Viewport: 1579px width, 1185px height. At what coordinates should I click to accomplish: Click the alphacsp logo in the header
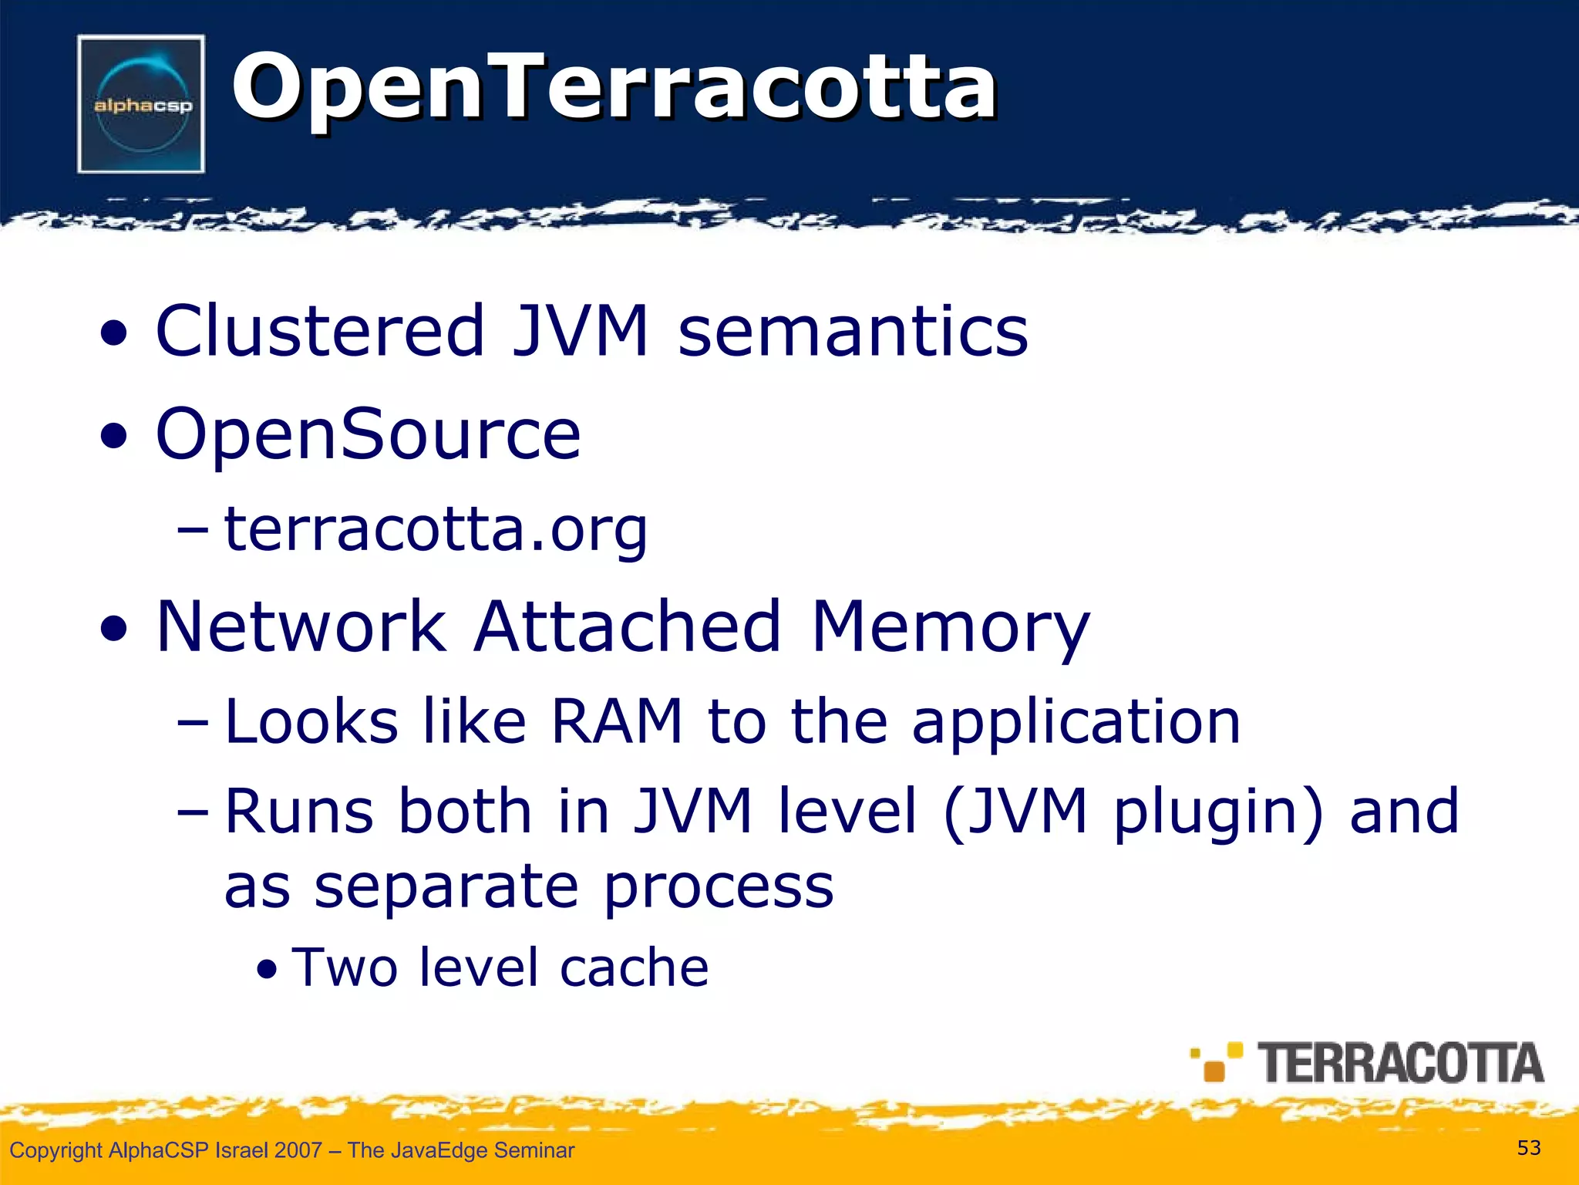pyautogui.click(x=141, y=104)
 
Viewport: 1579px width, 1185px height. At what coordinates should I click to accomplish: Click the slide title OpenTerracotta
pyautogui.click(x=614, y=86)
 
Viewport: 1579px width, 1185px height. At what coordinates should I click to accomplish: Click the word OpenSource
pyautogui.click(x=368, y=434)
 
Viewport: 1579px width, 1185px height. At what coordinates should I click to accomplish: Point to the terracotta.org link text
pyautogui.click(x=436, y=531)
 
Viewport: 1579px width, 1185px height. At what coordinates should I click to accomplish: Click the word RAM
pyautogui.click(x=617, y=722)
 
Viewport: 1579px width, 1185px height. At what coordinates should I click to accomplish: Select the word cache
pyautogui.click(x=634, y=967)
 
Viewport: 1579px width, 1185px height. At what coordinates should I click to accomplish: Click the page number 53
pyautogui.click(x=1528, y=1148)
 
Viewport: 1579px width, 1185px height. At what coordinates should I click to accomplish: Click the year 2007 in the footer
pyautogui.click(x=298, y=1150)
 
